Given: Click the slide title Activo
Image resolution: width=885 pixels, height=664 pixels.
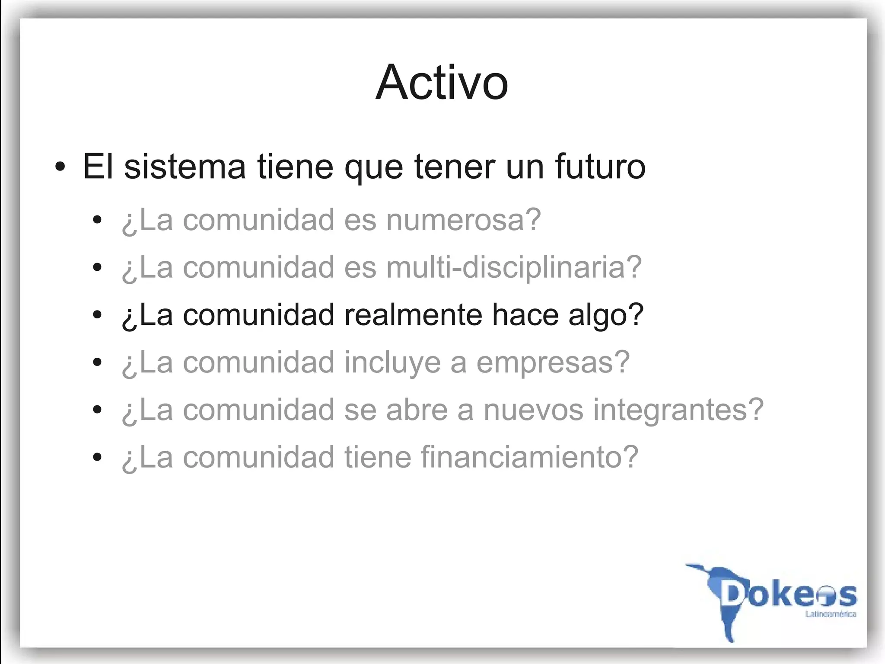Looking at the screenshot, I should (442, 82).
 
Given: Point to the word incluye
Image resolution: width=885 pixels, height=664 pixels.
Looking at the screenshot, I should (392, 362).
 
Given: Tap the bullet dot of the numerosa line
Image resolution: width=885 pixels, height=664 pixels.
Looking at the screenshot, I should (97, 220).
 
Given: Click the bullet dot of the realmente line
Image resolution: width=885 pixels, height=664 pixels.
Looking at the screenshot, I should (97, 315).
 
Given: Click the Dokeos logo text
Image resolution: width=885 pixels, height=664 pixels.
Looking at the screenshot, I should (789, 595).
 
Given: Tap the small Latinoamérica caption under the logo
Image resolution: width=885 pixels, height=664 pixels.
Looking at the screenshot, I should (831, 614).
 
